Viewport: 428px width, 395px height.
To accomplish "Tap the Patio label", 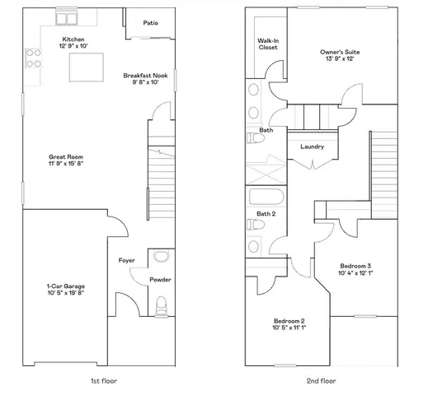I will pyautogui.click(x=150, y=23).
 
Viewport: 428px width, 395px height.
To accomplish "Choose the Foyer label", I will pyautogui.click(x=126, y=260).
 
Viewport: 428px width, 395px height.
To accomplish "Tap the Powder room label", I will pyautogui.click(x=160, y=280).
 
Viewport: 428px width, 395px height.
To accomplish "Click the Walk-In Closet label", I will pyautogui.click(x=268, y=44).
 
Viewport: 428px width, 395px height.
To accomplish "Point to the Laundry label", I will pyautogui.click(x=312, y=147).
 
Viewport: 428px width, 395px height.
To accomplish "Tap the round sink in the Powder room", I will pyautogui.click(x=160, y=255).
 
